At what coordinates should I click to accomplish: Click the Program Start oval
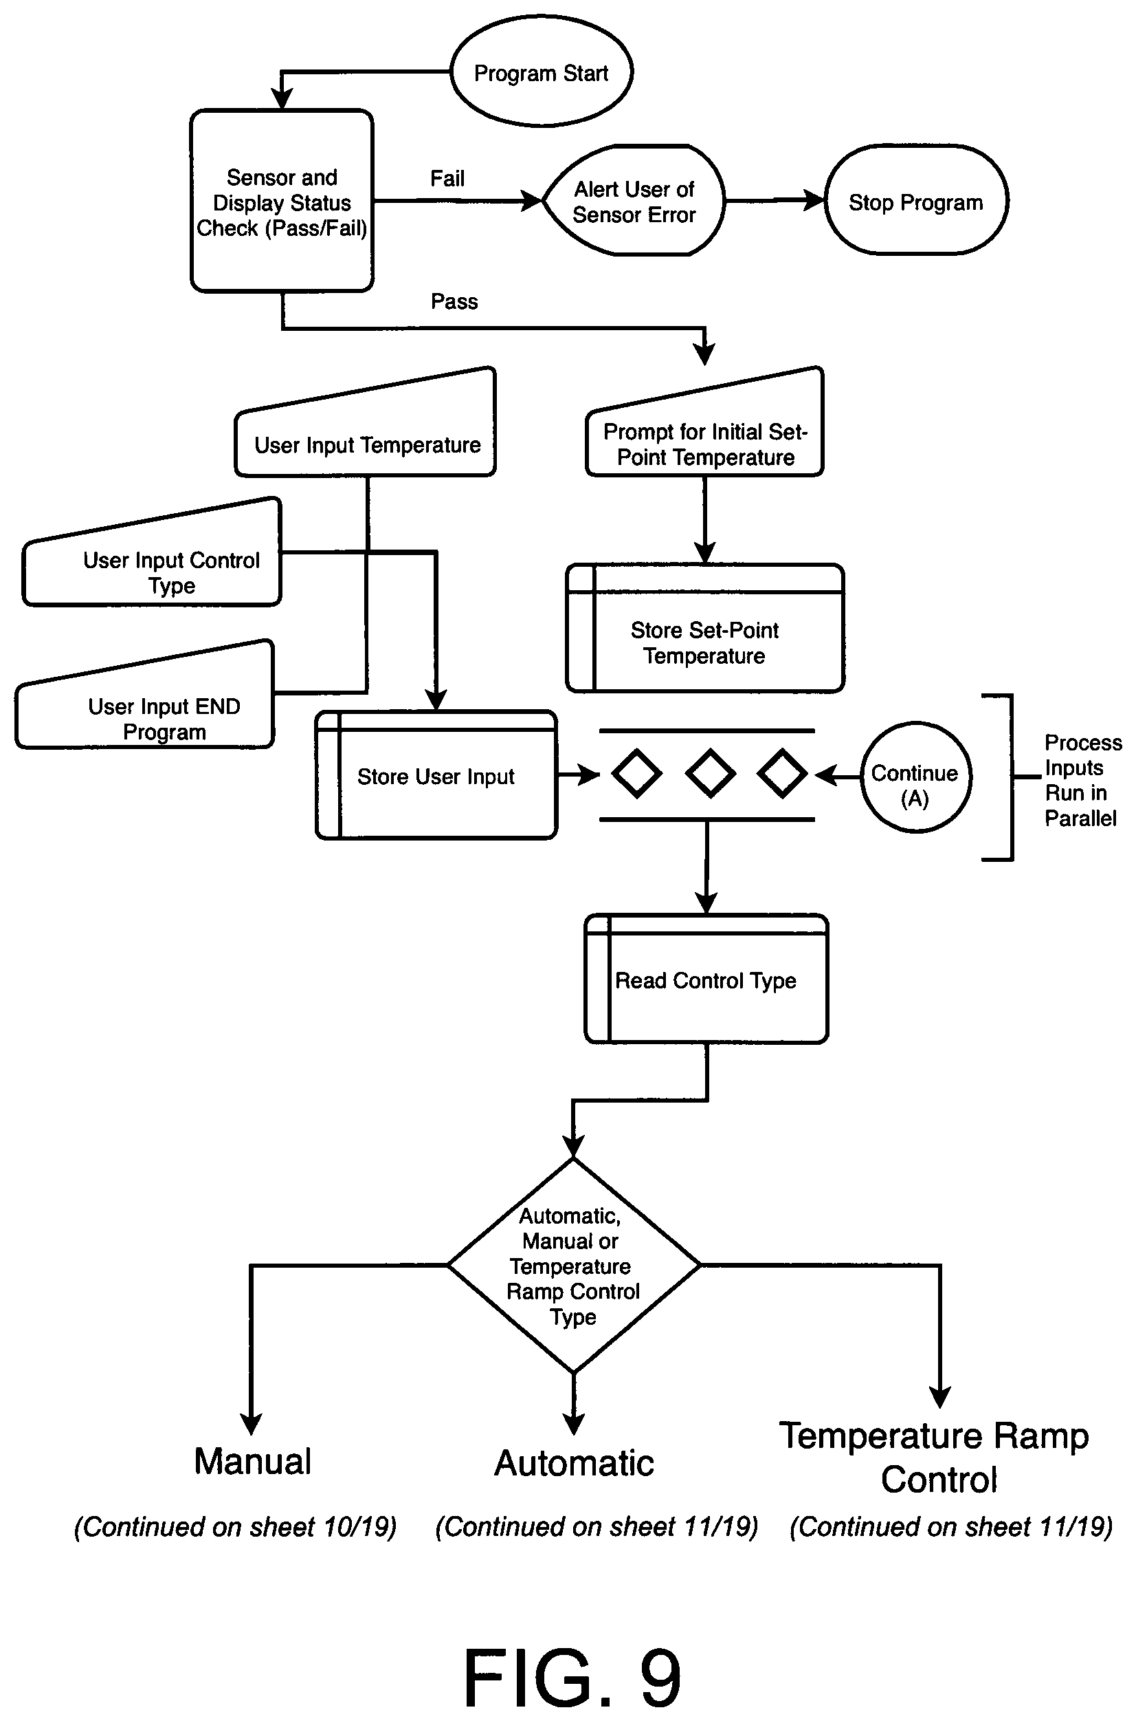(x=541, y=72)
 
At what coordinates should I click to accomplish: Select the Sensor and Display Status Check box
(x=282, y=201)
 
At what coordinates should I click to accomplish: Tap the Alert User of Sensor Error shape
(x=634, y=201)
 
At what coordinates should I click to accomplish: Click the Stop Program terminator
(x=916, y=201)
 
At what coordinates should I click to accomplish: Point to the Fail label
(x=447, y=178)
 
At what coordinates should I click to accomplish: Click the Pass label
(x=454, y=301)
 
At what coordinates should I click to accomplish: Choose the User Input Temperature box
(x=366, y=422)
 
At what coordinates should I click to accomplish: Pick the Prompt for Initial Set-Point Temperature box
(x=705, y=422)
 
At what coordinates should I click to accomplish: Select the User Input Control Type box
(x=152, y=552)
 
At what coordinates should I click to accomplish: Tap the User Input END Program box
(x=145, y=695)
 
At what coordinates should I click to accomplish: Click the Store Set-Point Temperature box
(x=705, y=629)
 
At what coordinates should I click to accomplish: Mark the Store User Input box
(x=436, y=775)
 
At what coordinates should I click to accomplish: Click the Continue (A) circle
(x=916, y=777)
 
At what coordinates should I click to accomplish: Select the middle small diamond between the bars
(x=710, y=775)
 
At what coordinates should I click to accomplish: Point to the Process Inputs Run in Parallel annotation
(x=1082, y=780)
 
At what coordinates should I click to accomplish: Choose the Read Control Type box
(x=706, y=979)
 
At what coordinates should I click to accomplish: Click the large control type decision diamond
(x=574, y=1266)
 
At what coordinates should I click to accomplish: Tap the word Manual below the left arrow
(x=253, y=1461)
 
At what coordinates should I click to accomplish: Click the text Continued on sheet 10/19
(x=236, y=1527)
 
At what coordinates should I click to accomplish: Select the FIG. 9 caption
(x=572, y=1677)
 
